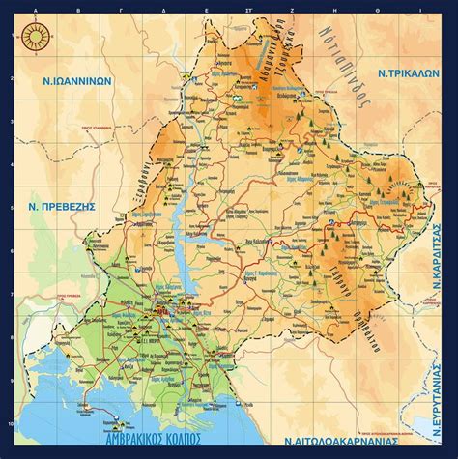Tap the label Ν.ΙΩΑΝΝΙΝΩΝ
tap(72, 81)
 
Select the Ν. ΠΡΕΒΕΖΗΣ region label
tap(57, 208)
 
